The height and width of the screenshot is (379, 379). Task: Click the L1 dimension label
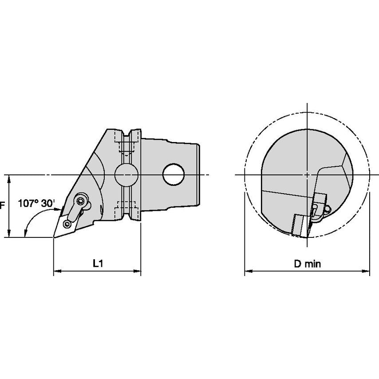[98, 263]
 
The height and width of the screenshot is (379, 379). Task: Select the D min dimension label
[308, 264]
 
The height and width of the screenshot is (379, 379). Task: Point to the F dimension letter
[2, 205]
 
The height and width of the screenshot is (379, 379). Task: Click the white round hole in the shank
[174, 174]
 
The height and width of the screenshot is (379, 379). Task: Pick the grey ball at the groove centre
[126, 175]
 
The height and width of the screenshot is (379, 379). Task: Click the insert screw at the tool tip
[67, 224]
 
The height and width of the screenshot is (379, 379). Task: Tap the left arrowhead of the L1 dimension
[57, 271]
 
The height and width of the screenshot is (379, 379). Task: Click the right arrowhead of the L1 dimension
[137, 271]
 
